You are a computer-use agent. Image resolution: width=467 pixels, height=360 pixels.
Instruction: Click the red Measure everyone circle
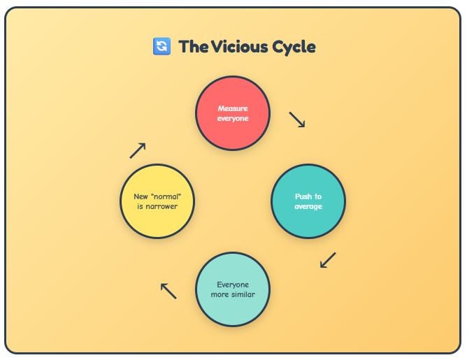click(233, 113)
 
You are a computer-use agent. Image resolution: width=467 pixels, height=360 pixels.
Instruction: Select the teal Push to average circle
click(308, 201)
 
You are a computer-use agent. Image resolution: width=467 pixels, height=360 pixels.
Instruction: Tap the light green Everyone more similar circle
click(233, 289)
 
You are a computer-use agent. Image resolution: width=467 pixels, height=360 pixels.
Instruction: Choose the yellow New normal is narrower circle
click(157, 201)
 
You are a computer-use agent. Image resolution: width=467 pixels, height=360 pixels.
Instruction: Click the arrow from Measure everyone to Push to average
click(297, 120)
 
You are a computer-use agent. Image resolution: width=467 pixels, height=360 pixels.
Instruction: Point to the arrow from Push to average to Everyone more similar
click(328, 260)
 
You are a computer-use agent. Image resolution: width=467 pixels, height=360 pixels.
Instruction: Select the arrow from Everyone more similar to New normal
click(168, 290)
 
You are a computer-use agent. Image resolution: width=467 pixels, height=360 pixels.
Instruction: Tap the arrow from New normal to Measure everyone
click(138, 150)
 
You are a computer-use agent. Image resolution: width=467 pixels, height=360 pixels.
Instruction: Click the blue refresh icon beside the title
click(161, 47)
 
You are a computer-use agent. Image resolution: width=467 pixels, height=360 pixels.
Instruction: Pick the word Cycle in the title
click(293, 47)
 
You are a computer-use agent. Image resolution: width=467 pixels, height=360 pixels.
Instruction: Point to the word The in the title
click(193, 47)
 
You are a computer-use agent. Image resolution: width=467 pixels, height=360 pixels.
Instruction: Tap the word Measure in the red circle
click(233, 108)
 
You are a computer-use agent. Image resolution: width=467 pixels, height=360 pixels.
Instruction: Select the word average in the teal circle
click(308, 206)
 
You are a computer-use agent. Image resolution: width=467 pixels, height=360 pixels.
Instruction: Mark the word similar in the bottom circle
click(242, 294)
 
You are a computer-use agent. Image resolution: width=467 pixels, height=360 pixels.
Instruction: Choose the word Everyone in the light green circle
click(233, 285)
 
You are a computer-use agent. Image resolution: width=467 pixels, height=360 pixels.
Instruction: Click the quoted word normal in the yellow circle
click(163, 196)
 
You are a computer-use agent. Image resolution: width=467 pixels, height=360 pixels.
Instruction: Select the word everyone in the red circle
click(233, 118)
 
